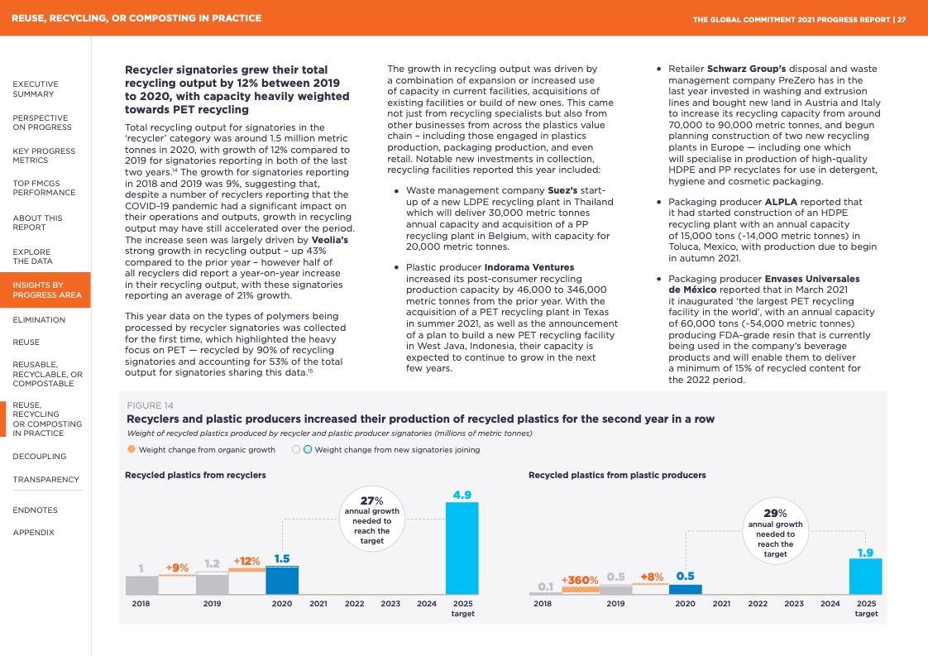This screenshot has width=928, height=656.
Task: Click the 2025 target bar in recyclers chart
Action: pos(462,548)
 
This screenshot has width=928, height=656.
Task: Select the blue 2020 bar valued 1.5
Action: pos(282,580)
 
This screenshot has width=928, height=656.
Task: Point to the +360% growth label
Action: pos(580,580)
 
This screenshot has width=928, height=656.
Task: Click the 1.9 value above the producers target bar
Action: pos(865,552)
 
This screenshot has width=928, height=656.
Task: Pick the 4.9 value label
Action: pos(462,495)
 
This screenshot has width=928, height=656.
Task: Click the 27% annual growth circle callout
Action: pos(371,520)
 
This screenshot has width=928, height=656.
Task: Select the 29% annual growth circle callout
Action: pos(775,529)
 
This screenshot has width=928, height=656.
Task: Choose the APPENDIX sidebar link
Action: pos(33,533)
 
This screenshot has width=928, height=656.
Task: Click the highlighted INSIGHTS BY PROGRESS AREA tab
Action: pos(45,290)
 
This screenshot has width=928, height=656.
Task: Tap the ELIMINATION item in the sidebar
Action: pos(39,320)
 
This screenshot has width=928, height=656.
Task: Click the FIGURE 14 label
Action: pos(150,405)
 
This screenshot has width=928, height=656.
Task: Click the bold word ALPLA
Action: pos(781,202)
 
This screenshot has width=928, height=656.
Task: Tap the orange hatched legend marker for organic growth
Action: pos(132,450)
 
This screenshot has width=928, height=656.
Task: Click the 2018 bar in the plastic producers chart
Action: pos(545,591)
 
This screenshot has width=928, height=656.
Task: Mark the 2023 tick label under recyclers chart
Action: pos(390,604)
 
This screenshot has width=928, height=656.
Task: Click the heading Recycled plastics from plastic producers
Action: pos(617,475)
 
